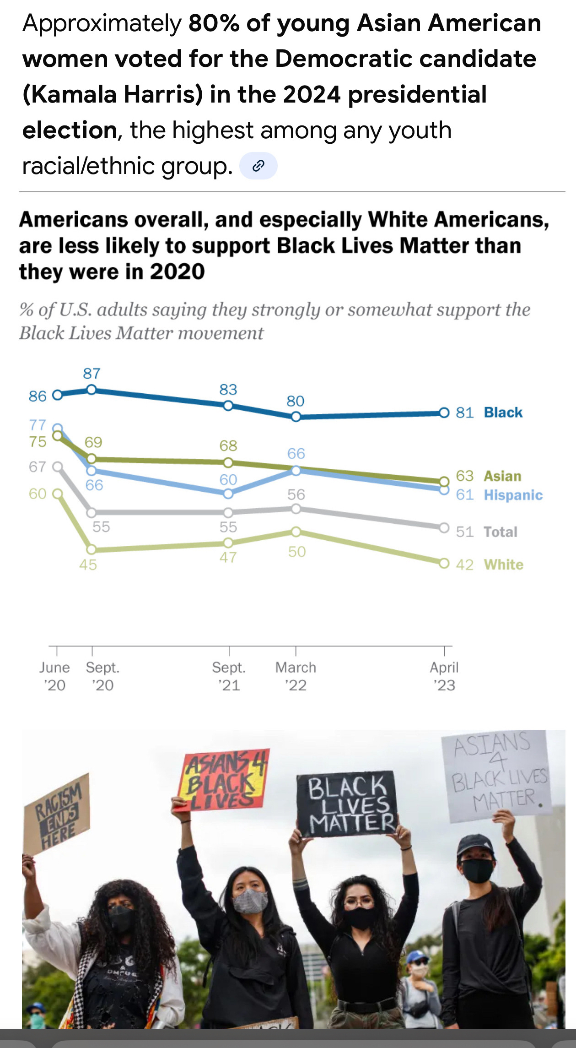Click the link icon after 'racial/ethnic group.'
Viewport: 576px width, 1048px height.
[258, 166]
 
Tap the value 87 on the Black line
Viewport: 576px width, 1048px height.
[92, 374]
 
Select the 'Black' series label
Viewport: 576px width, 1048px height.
[503, 413]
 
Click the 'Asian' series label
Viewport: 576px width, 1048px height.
[502, 476]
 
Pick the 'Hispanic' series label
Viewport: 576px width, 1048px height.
[513, 495]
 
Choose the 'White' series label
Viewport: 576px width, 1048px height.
[503, 565]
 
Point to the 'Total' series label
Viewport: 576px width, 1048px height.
[501, 532]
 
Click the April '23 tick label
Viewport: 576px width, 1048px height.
[444, 676]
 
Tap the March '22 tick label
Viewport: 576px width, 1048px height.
[296, 676]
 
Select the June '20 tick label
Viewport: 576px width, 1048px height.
[54, 676]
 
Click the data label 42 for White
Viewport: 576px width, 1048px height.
[464, 565]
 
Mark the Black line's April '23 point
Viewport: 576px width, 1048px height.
[444, 413]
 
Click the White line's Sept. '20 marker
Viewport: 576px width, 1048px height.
[92, 549]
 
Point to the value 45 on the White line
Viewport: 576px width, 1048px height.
[88, 565]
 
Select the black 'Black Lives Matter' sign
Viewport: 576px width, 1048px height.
[347, 804]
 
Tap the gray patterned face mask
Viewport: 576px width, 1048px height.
[250, 901]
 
